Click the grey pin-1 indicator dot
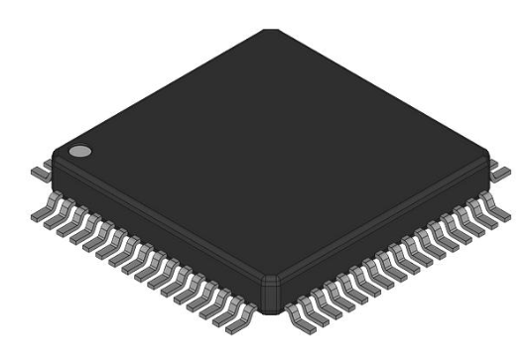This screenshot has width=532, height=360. (79, 152)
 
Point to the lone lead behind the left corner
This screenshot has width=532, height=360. (37, 172)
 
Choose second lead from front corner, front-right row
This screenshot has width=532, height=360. (310, 308)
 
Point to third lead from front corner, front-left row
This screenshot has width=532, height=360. (212, 305)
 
